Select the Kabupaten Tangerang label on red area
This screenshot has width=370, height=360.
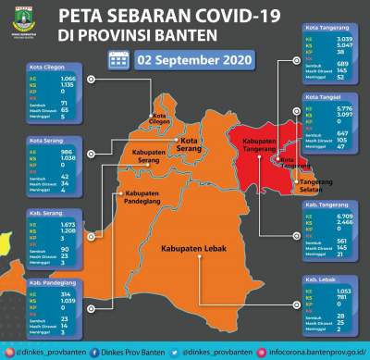[261, 147]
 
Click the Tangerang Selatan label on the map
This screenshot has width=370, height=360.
[315, 186]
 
